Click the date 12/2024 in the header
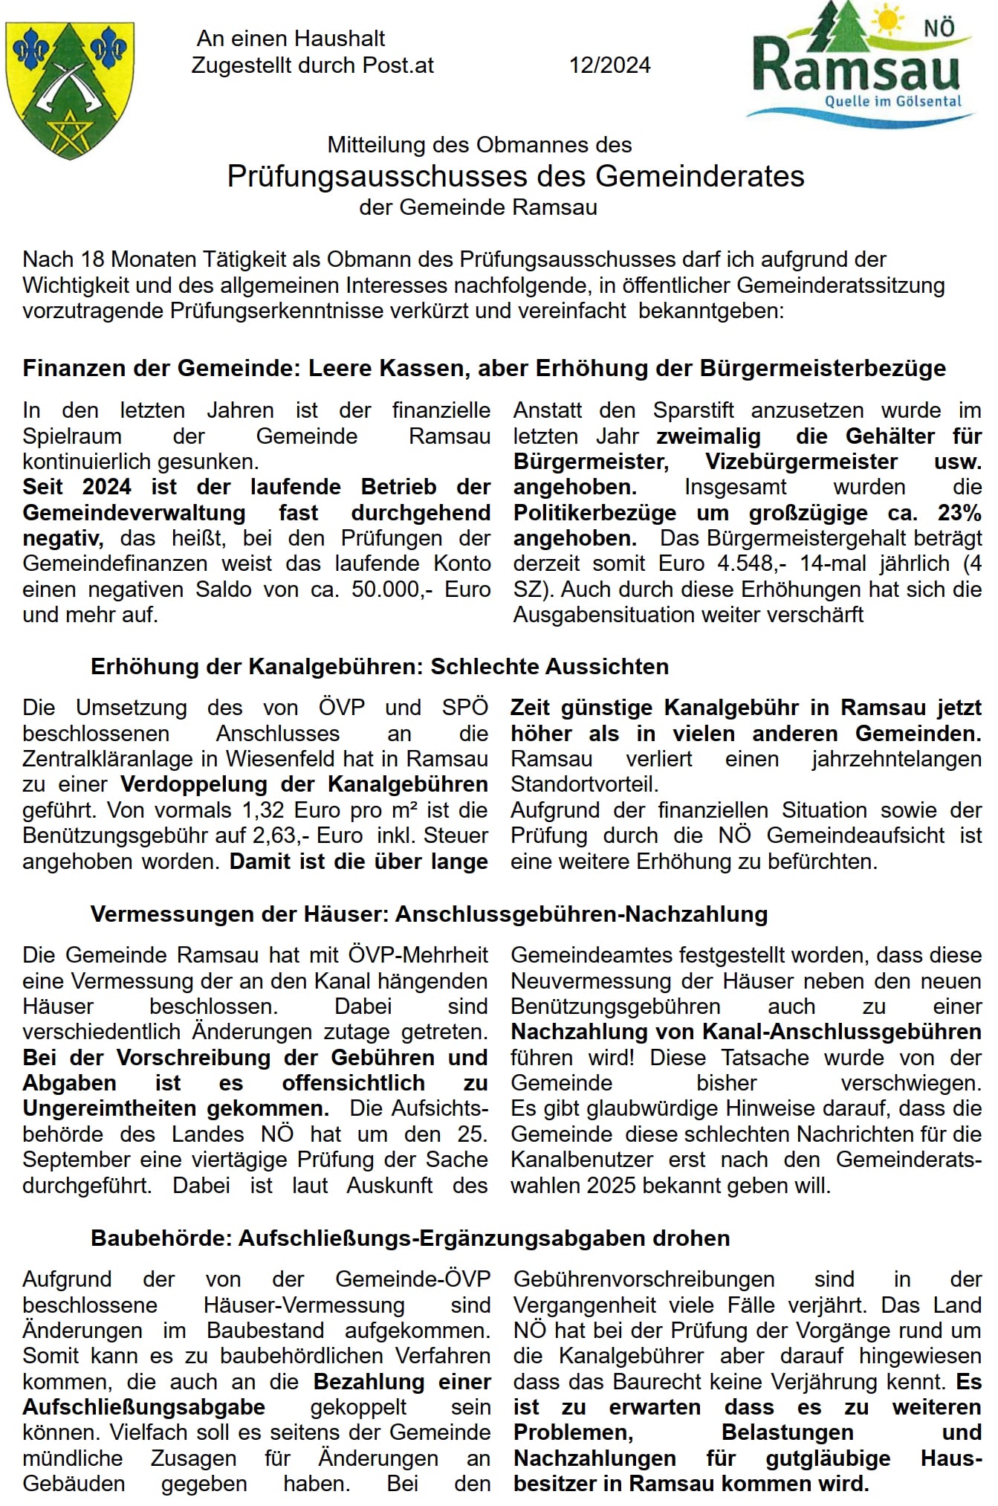pyautogui.click(x=609, y=65)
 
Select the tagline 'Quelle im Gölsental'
pyautogui.click(x=893, y=101)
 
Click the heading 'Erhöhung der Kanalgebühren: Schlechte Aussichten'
pyautogui.click(x=379, y=666)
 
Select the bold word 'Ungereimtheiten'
pyautogui.click(x=109, y=1108)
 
